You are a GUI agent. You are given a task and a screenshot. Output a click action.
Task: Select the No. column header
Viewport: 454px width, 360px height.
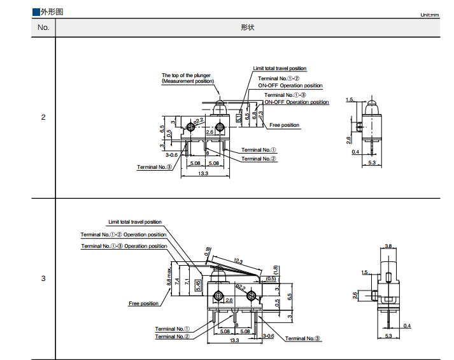click(x=43, y=27)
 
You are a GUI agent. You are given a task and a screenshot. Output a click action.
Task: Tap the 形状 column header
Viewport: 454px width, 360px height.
click(x=248, y=27)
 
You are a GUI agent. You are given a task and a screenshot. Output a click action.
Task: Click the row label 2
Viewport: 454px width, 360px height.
click(x=43, y=117)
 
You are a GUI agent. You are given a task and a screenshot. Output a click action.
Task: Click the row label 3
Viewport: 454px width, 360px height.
click(x=43, y=278)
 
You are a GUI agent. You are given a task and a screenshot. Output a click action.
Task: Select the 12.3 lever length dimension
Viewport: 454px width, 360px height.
click(x=239, y=261)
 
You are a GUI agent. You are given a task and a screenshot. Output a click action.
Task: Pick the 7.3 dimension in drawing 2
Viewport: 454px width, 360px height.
click(x=260, y=115)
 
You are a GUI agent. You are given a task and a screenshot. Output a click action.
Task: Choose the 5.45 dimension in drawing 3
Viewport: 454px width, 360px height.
click(x=198, y=284)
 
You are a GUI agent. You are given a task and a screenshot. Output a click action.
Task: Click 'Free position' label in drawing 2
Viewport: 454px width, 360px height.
click(x=284, y=125)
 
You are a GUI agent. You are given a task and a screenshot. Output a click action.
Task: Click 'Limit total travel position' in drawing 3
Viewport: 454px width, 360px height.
click(x=135, y=222)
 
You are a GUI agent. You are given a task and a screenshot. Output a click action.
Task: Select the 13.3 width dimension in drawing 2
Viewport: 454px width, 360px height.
click(x=204, y=174)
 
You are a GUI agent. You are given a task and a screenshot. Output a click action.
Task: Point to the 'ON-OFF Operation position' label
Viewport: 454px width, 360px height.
click(x=290, y=85)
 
